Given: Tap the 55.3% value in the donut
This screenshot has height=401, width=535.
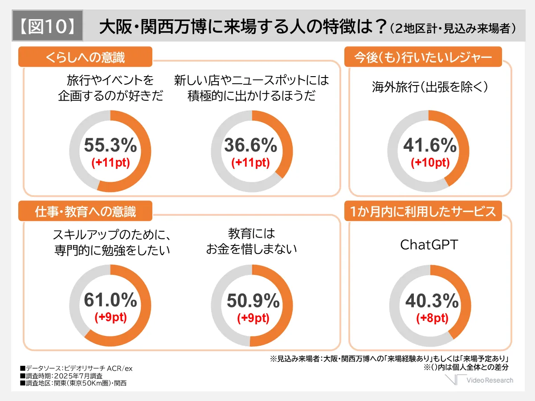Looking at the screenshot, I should tap(110, 146).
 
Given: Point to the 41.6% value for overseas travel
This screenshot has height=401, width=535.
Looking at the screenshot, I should tap(430, 146).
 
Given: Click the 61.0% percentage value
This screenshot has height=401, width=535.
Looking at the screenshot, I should tap(110, 301).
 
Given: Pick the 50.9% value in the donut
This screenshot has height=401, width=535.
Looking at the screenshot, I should tap(253, 302).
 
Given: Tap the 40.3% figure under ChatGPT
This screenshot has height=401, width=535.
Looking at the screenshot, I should tap(432, 302).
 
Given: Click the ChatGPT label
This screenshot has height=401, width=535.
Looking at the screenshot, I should tap(429, 245).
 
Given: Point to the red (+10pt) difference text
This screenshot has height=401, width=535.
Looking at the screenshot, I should tap(430, 163).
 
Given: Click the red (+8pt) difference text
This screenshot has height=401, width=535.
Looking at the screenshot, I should tap(432, 318).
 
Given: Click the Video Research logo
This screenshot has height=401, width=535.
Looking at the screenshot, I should tap(480, 380).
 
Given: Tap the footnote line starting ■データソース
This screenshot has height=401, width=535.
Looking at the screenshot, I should tap(76, 368).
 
